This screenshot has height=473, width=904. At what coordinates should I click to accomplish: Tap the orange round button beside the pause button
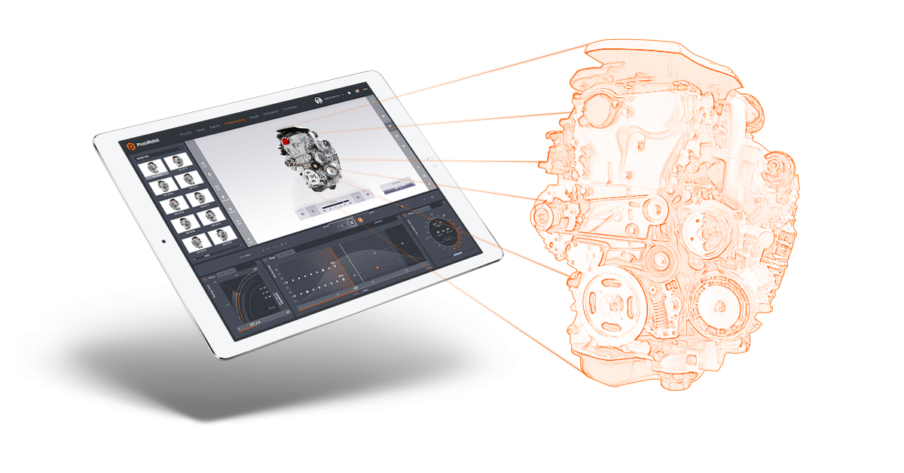pyautogui.click(x=360, y=220)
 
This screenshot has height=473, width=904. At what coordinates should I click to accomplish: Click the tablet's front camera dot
pyautogui.click(x=162, y=242)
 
